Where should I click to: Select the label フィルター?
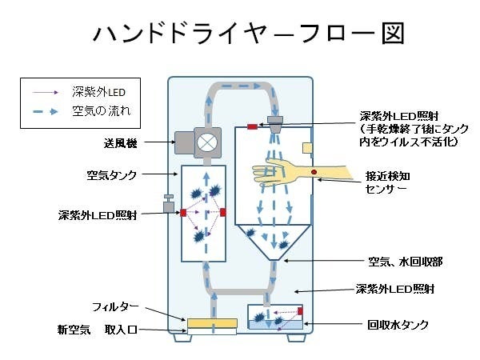pos(117,307)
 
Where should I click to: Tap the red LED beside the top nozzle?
pos(251,127)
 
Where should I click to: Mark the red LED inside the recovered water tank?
pos(301,310)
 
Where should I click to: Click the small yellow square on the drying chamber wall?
pos(307,147)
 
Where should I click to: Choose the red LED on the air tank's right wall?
pos(222,212)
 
